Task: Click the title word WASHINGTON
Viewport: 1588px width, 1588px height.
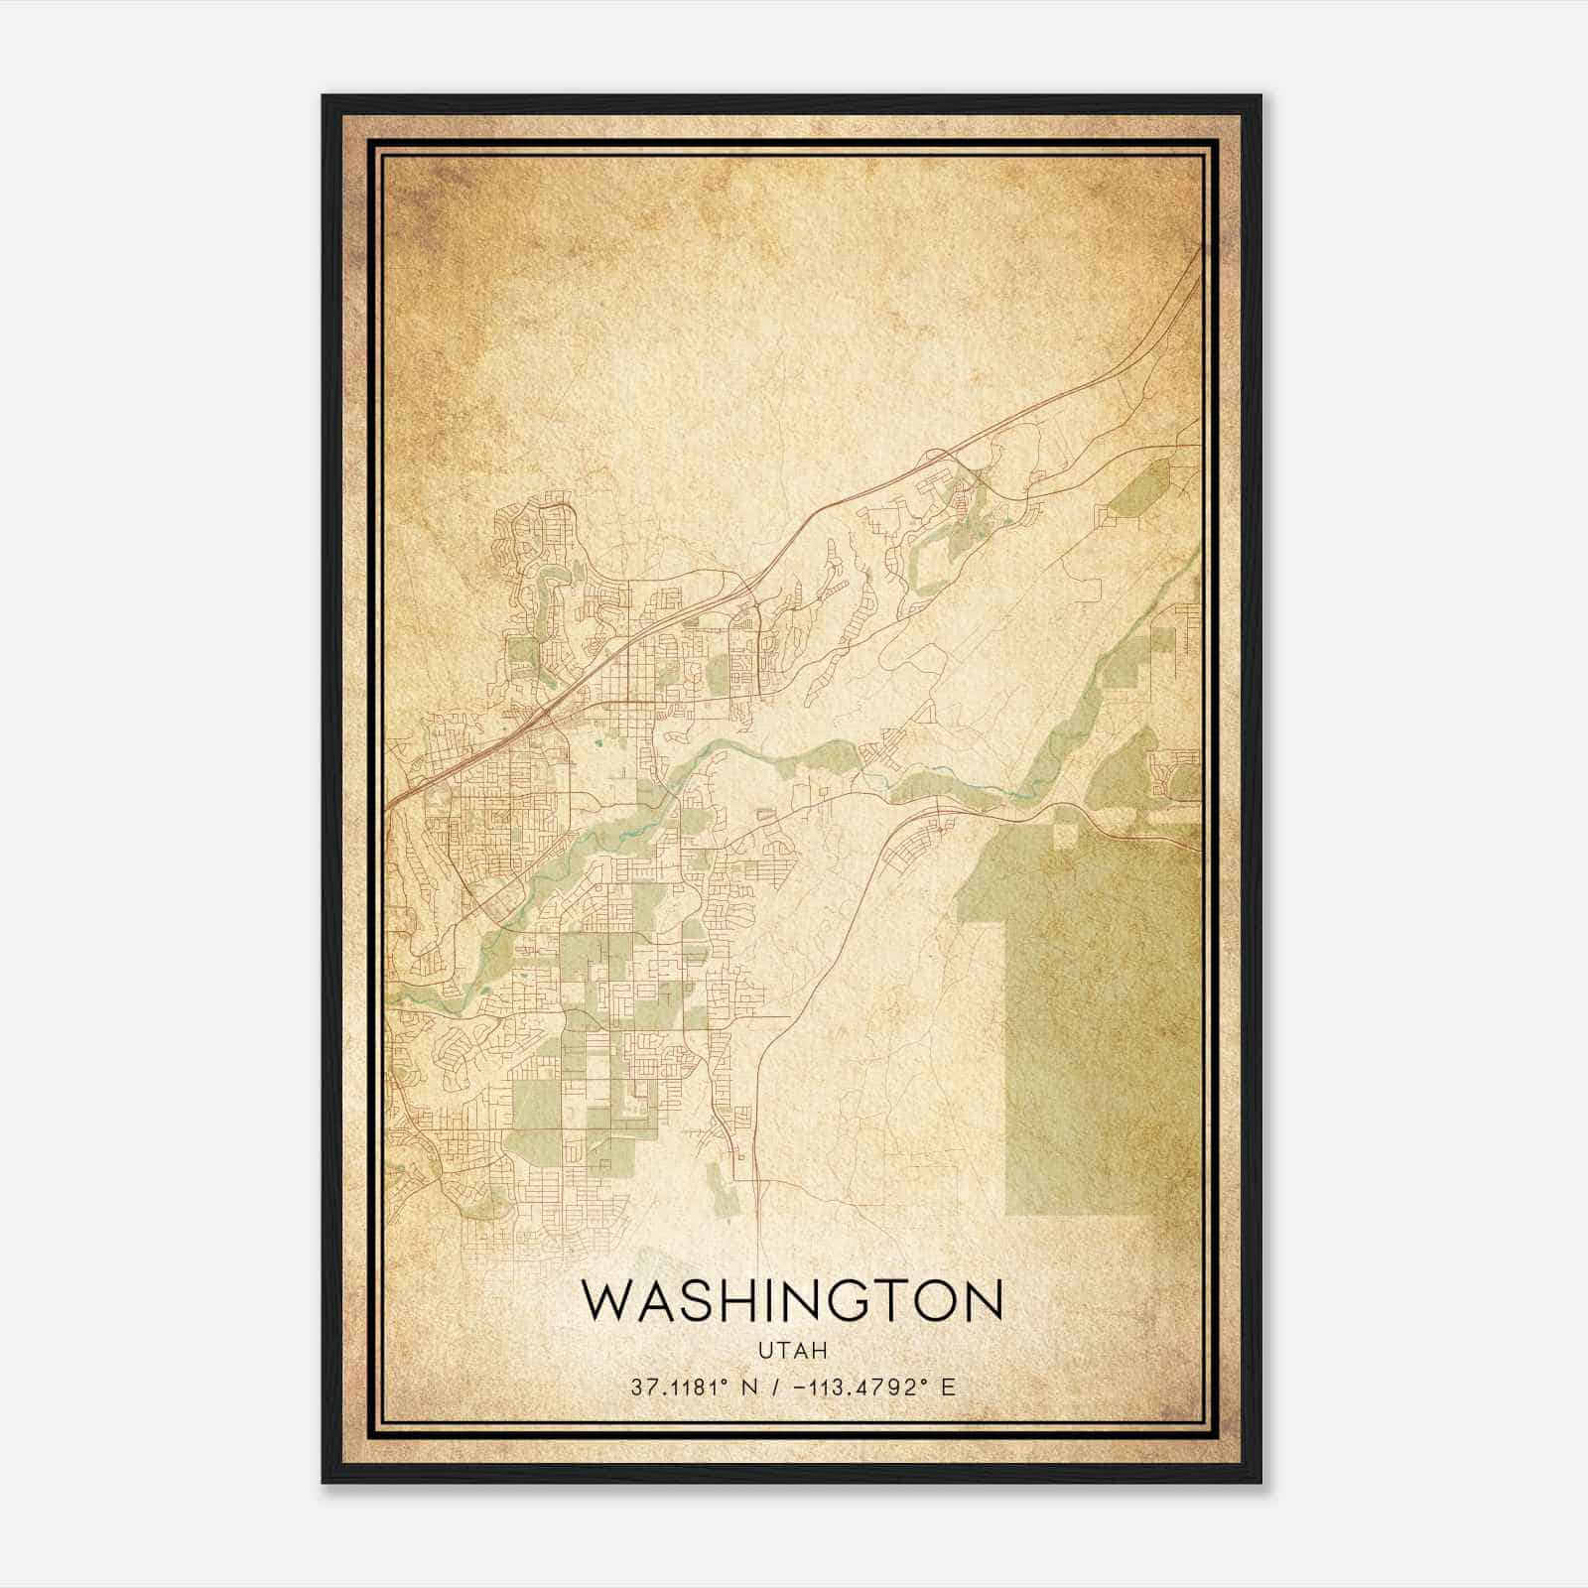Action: (792, 1301)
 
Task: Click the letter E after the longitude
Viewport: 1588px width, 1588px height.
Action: (948, 1388)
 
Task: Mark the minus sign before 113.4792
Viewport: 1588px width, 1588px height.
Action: (801, 1388)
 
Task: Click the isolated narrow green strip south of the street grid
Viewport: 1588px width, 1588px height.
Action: (724, 1186)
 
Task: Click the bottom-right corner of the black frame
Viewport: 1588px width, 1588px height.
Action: (1259, 1481)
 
